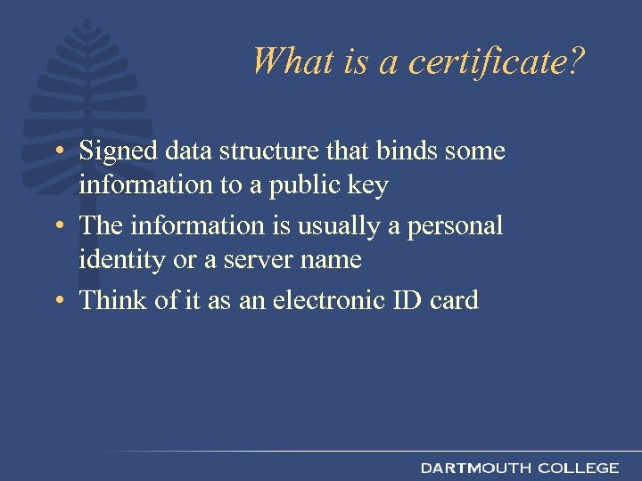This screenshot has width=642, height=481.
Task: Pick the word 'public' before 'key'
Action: tap(306, 186)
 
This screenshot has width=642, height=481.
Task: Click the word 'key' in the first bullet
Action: tap(366, 186)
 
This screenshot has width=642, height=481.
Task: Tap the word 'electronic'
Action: tap(331, 300)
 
